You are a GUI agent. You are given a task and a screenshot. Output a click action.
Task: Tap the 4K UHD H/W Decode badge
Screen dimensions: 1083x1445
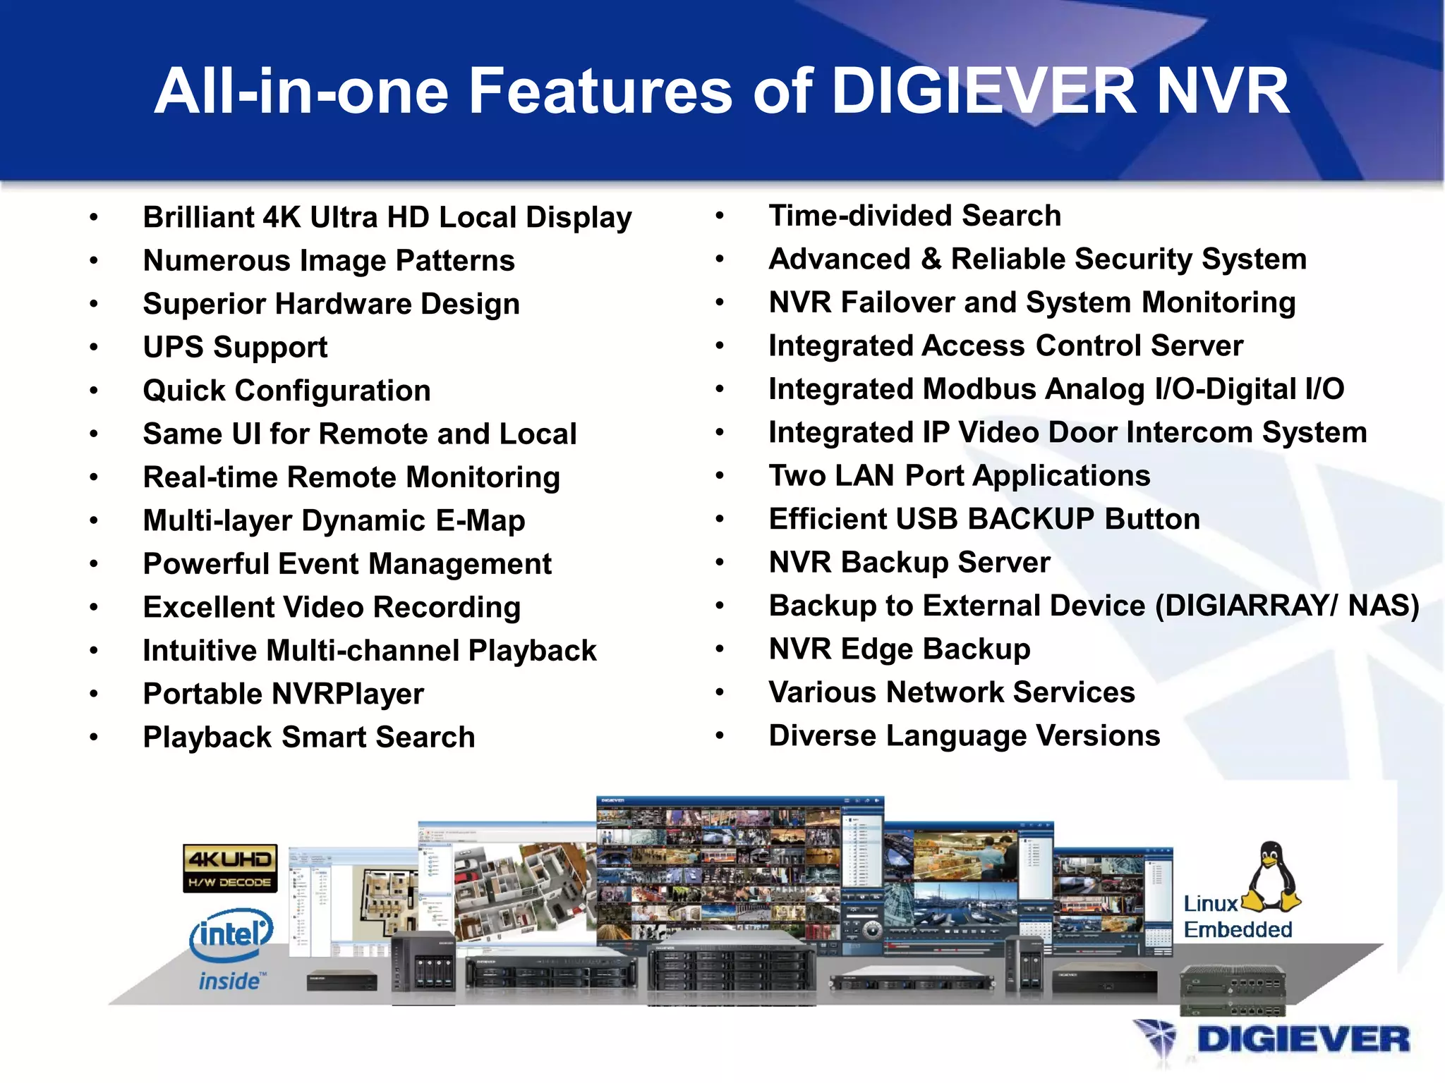coord(229,868)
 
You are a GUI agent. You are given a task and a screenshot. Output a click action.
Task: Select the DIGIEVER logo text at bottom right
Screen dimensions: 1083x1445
coord(1302,1040)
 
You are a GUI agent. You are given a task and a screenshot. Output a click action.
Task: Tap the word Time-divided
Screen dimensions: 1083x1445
coord(859,216)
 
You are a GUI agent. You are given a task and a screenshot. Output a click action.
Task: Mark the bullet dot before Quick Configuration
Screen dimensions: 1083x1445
coord(94,391)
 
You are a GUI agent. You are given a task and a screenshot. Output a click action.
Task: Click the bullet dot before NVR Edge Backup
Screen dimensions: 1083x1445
coord(720,649)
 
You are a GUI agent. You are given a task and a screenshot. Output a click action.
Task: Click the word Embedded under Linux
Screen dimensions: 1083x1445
coord(1238,930)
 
